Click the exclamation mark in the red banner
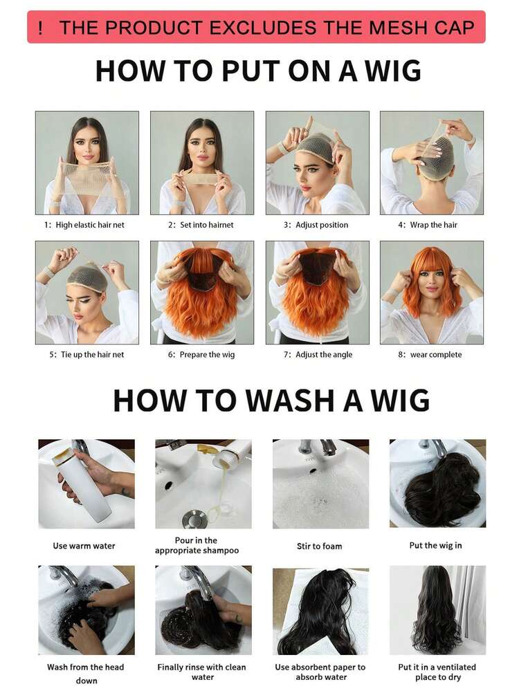pyautogui.click(x=41, y=28)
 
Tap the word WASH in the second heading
pyautogui.click(x=275, y=400)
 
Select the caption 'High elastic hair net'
pyautogui.click(x=85, y=225)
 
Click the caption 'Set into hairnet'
pyautogui.click(x=201, y=225)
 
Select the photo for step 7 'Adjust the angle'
pyautogui.click(x=317, y=292)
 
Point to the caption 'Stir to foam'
pyautogui.click(x=319, y=546)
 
